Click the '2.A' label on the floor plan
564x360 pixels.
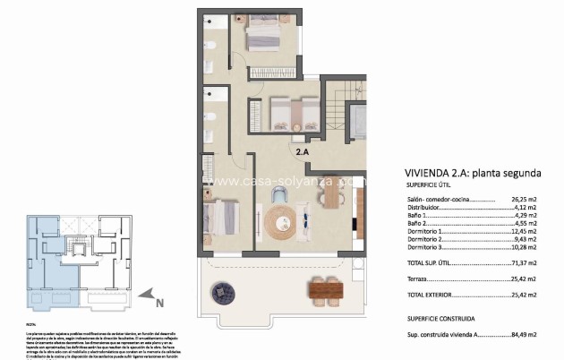point(303,152)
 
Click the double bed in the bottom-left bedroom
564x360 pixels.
point(220,218)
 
